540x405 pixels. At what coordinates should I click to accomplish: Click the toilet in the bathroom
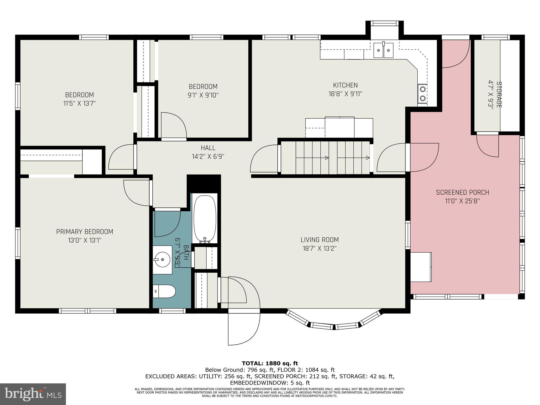coord(164,291)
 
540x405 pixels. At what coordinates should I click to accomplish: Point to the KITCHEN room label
coord(345,85)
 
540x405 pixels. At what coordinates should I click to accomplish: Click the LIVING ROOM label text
coord(320,240)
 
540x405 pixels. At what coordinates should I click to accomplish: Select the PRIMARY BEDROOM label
coord(85,232)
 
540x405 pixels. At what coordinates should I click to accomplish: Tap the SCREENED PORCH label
coord(462,192)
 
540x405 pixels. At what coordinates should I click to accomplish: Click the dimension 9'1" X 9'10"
coord(203,95)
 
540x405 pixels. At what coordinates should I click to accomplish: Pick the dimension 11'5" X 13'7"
coord(79,103)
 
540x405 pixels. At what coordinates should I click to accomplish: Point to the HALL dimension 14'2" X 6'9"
coord(208,156)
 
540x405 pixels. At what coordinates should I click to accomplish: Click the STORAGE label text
coord(499,94)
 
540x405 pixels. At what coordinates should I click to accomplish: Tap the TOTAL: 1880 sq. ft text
coord(270,363)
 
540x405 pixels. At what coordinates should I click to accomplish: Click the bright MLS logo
coord(33,394)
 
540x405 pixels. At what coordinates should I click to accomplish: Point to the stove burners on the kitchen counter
coord(422,94)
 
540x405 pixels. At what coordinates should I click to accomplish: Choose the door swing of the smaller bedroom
coord(174,125)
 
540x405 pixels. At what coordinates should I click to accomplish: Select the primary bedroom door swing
coord(137,193)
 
